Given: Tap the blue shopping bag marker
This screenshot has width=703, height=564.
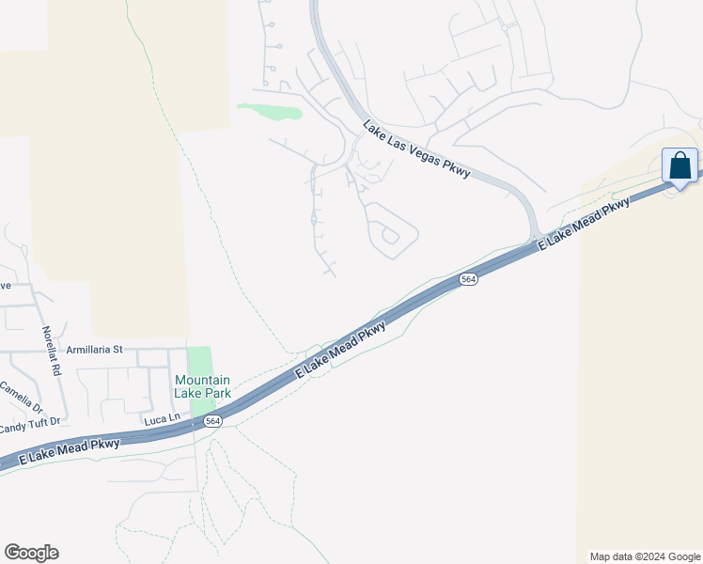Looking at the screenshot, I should pyautogui.click(x=680, y=166).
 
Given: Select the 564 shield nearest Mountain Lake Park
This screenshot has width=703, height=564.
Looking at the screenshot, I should pyautogui.click(x=213, y=421).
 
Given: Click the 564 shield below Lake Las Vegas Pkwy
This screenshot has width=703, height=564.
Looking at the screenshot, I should pyautogui.click(x=468, y=279).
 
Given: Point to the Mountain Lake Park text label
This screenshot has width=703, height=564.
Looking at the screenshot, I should pyautogui.click(x=202, y=386).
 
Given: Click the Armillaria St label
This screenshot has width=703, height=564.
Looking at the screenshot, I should pyautogui.click(x=93, y=350).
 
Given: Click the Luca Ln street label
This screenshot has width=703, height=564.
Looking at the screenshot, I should pyautogui.click(x=161, y=418).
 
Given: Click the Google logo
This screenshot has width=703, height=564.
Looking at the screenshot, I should pyautogui.click(x=31, y=553).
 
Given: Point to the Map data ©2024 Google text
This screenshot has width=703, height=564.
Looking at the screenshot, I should pyautogui.click(x=645, y=556).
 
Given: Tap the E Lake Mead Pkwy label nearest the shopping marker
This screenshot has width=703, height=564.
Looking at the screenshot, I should pyautogui.click(x=584, y=224).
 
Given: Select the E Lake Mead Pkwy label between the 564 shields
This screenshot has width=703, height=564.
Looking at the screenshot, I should pyautogui.click(x=340, y=351).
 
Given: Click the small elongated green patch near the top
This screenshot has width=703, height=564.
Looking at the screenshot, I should pyautogui.click(x=271, y=112).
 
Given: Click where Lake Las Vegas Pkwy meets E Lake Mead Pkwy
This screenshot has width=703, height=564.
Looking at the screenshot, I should pyautogui.click(x=535, y=239).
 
